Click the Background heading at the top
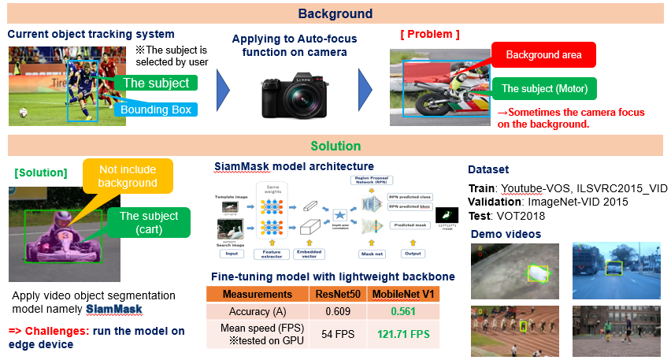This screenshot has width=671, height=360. pos(335,13)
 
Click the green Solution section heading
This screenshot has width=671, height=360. pos(335,146)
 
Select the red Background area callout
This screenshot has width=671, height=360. pos(543,55)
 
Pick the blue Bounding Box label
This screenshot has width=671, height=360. pos(155,109)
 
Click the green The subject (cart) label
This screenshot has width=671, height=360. pos(150,224)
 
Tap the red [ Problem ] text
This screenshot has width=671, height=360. pos(429,35)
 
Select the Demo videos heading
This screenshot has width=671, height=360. pos(505,234)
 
